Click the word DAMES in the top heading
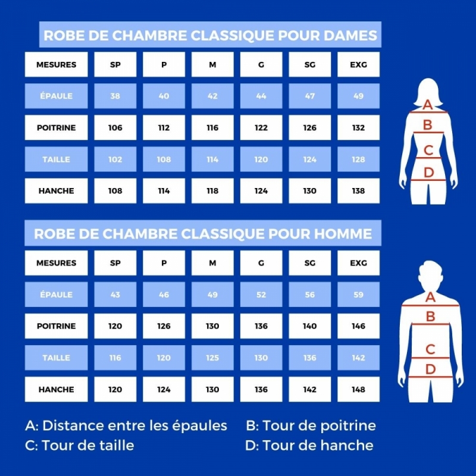[350, 35]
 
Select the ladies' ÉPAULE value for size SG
[309, 96]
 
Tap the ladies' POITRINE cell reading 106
[115, 127]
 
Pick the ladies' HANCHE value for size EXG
[359, 190]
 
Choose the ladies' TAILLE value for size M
[212, 159]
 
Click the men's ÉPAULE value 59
[359, 295]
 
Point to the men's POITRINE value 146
[359, 326]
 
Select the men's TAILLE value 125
[212, 358]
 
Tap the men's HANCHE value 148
[359, 389]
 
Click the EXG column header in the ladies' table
[359, 64]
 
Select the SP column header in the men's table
[115, 263]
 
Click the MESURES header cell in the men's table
[56, 263]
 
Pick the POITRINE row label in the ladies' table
[56, 127]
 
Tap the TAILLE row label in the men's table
[56, 358]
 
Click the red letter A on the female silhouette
[427, 105]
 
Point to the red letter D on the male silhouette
[430, 369]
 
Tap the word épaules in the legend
[199, 426]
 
